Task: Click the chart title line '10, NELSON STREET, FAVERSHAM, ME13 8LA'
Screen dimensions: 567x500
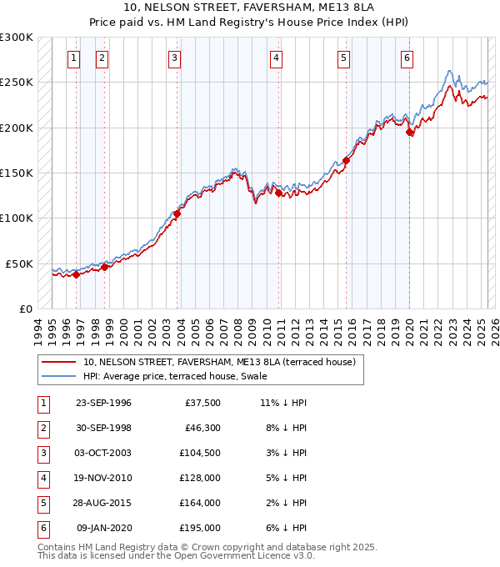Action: click(x=249, y=8)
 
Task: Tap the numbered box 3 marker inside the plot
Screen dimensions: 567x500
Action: click(x=174, y=58)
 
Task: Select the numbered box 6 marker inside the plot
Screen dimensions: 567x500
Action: click(x=407, y=58)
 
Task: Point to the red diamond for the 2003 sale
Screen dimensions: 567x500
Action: click(x=177, y=214)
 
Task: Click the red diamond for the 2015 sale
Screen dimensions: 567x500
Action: click(x=346, y=161)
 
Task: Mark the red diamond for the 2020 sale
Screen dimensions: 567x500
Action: click(x=409, y=133)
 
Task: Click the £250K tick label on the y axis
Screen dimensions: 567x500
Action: click(x=17, y=83)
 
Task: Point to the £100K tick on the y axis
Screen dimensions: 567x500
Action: click(x=17, y=218)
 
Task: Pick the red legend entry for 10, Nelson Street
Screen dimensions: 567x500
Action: click(x=219, y=362)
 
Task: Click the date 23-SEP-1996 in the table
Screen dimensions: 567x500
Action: click(x=103, y=403)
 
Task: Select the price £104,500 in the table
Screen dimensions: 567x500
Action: click(x=200, y=453)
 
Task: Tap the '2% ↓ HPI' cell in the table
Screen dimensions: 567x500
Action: click(x=286, y=503)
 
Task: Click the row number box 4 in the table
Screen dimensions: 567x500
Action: click(x=41, y=478)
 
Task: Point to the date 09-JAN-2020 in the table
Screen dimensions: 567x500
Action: click(x=103, y=528)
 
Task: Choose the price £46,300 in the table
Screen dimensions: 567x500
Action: click(x=203, y=428)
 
